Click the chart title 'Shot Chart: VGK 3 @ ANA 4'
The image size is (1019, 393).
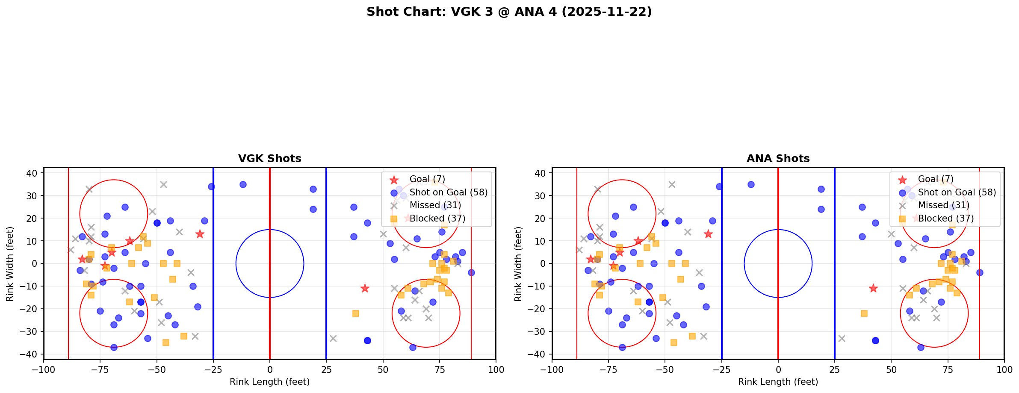point(509,12)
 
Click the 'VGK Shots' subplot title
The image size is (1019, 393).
point(269,159)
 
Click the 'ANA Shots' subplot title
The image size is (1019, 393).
point(778,159)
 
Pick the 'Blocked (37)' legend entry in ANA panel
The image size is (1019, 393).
point(945,219)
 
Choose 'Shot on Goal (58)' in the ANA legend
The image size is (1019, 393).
point(957,192)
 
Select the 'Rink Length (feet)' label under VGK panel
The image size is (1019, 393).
point(269,382)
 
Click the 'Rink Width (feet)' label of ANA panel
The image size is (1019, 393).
point(518,264)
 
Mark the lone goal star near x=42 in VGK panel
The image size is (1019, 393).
point(365,288)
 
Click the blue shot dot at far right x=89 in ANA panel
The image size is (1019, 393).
point(980,272)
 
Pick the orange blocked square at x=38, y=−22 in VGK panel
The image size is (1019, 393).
point(355,313)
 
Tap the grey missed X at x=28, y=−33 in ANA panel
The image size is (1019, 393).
point(842,338)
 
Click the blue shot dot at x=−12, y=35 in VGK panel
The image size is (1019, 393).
point(243,184)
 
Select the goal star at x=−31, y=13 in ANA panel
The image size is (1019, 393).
point(708,234)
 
